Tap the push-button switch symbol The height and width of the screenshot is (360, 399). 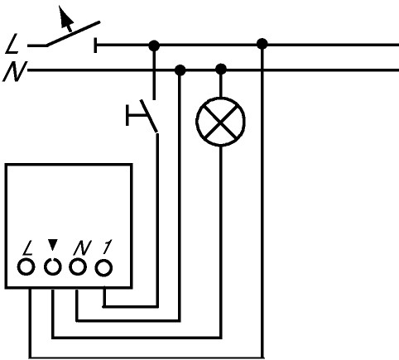(x=142, y=116)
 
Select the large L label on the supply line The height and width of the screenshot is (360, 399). (x=12, y=44)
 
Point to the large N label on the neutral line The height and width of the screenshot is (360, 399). (x=15, y=71)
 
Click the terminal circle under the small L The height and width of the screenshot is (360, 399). (x=26, y=267)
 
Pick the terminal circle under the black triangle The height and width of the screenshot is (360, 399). (x=52, y=267)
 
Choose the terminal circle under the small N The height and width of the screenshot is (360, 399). (x=78, y=267)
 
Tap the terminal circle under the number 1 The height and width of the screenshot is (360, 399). (x=103, y=267)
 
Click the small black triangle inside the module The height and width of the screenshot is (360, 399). (x=52, y=245)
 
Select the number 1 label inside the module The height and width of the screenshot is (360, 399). (x=107, y=247)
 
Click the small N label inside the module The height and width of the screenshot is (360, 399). (x=83, y=247)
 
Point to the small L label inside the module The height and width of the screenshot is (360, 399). (x=28, y=248)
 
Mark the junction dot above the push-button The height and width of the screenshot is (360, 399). (x=154, y=46)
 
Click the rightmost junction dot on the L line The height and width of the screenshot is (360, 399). (x=262, y=44)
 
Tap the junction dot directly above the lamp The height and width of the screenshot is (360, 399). (x=221, y=69)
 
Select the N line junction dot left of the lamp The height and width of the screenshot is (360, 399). (x=180, y=70)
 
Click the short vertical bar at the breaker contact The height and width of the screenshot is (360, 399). (x=95, y=45)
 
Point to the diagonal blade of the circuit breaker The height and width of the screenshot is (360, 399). (x=73, y=33)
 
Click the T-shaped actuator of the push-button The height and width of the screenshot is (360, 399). (x=136, y=115)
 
